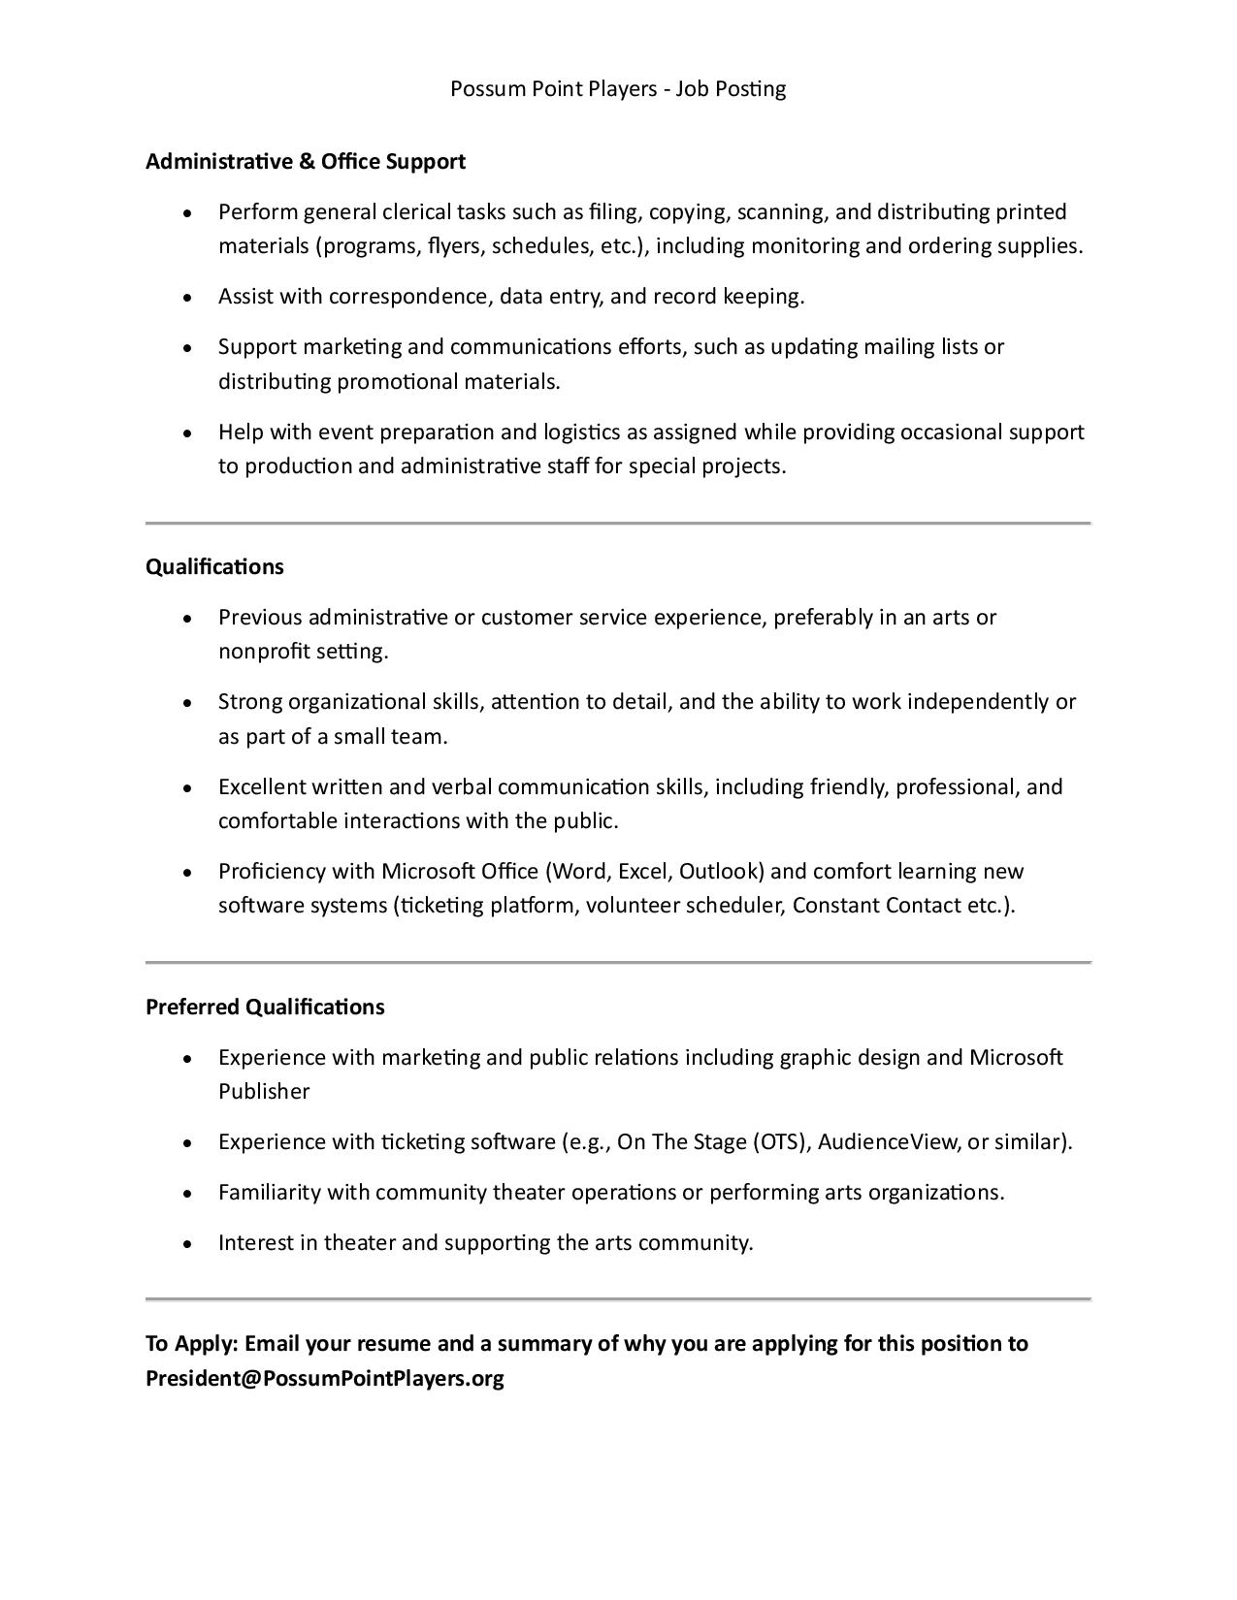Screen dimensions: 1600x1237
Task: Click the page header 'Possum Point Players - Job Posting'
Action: click(618, 89)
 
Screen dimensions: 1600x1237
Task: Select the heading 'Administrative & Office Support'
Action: click(306, 161)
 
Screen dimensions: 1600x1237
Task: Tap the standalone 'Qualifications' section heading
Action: click(214, 566)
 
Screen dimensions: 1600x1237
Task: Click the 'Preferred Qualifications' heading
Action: click(265, 1007)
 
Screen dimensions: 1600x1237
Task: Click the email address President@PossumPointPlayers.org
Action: click(325, 1378)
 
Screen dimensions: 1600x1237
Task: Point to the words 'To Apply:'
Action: click(191, 1343)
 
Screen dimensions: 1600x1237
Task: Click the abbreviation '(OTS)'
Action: click(781, 1141)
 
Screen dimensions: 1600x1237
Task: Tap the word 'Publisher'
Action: click(264, 1091)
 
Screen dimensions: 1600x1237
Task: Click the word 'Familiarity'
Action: click(269, 1192)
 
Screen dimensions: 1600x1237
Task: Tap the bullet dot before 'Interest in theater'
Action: click(187, 1243)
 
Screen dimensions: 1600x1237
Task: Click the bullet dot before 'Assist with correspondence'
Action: click(187, 297)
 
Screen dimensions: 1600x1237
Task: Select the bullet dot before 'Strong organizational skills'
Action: click(187, 702)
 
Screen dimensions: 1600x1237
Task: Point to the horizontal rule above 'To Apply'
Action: click(618, 1298)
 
